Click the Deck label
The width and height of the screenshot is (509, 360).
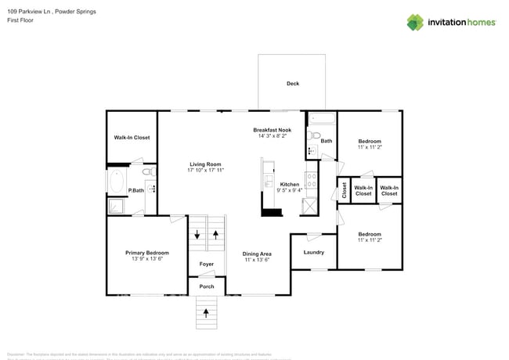click(x=292, y=84)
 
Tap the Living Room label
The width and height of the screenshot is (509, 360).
click(x=206, y=164)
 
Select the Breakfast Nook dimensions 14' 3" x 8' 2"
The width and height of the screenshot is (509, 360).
click(x=273, y=136)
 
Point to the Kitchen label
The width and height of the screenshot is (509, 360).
click(x=290, y=184)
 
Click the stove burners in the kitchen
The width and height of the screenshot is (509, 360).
click(x=311, y=182)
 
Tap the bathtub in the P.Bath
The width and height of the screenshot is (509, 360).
click(x=117, y=182)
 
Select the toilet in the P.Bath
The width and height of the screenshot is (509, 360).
click(x=147, y=171)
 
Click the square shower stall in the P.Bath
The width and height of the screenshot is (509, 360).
click(x=116, y=206)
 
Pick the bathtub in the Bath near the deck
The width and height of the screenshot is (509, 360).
click(x=322, y=120)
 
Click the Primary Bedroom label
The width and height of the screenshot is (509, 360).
click(x=147, y=253)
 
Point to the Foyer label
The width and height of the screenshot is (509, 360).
click(x=207, y=265)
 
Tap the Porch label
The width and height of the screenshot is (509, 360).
click(x=207, y=286)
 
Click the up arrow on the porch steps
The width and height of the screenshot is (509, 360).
click(x=207, y=313)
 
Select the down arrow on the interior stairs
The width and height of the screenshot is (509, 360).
click(x=197, y=234)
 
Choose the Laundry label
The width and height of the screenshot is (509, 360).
click(x=313, y=252)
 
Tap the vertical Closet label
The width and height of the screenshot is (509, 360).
click(x=344, y=191)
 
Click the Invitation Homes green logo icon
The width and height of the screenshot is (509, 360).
click(x=415, y=22)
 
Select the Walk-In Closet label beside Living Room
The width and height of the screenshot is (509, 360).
click(x=132, y=138)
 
